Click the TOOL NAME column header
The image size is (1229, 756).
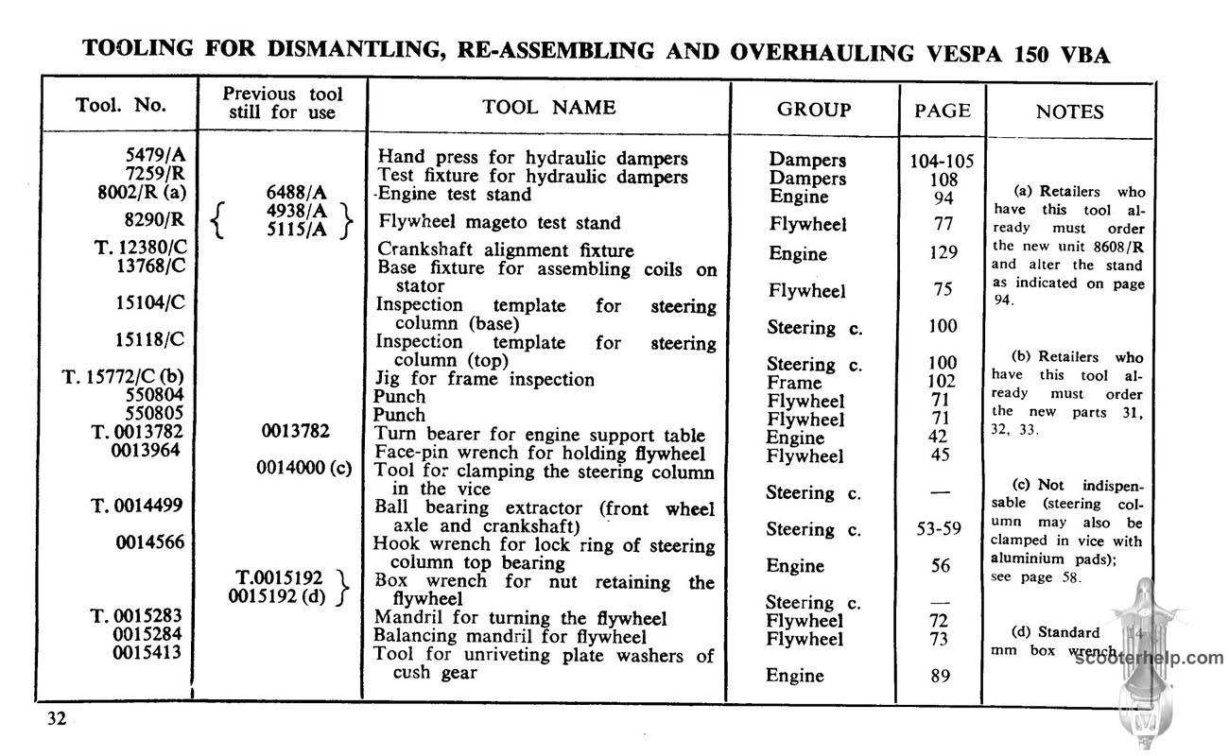(x=548, y=108)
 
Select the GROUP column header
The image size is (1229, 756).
(x=813, y=110)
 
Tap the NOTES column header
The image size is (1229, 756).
(x=1069, y=112)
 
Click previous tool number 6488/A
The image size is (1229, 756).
(x=298, y=194)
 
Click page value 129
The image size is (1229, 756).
(x=943, y=252)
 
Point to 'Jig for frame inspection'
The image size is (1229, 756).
(x=485, y=379)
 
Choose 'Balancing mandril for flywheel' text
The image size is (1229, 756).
(x=510, y=637)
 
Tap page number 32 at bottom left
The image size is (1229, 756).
(x=57, y=719)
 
